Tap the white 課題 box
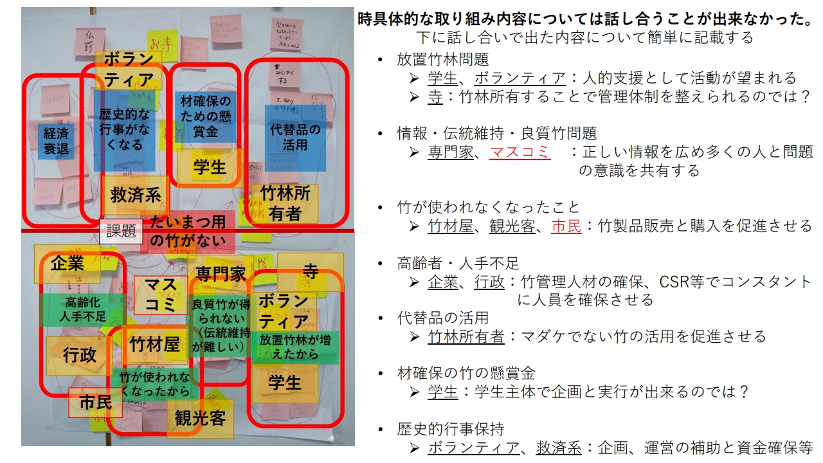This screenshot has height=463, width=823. pyautogui.click(x=121, y=232)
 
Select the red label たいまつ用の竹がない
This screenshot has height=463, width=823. pyautogui.click(x=188, y=232)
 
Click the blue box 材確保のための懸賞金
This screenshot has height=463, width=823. pyautogui.click(x=205, y=116)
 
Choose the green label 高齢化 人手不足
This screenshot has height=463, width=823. pyautogui.click(x=82, y=309)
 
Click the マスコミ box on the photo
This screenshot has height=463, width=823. pyautogui.click(x=160, y=295)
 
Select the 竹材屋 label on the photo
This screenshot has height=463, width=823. pyautogui.click(x=154, y=345)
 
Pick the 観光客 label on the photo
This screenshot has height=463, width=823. pyautogui.click(x=200, y=419)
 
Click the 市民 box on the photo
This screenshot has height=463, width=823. pyautogui.click(x=95, y=403)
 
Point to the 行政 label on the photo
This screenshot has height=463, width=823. pyautogui.click(x=80, y=355)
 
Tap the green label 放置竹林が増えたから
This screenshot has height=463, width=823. pyautogui.click(x=295, y=347)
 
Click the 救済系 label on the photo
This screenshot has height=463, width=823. pyautogui.click(x=135, y=195)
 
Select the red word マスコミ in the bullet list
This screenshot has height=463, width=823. pyautogui.click(x=520, y=152)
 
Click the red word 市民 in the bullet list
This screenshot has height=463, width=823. pyautogui.click(x=566, y=226)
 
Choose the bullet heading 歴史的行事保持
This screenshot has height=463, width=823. pyautogui.click(x=450, y=430)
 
